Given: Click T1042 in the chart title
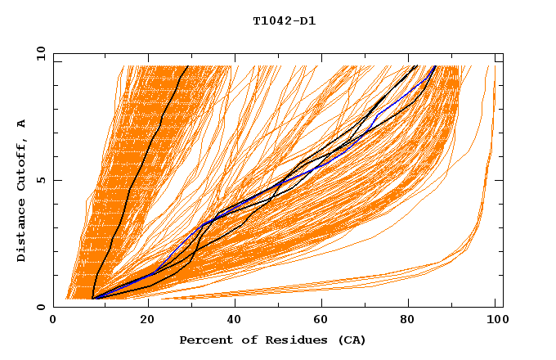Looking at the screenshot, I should pyautogui.click(x=271, y=21).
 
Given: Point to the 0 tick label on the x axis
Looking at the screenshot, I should pyautogui.click(x=53, y=322).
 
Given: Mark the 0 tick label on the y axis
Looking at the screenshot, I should pyautogui.click(x=41, y=307).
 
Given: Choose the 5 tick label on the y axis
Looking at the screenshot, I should pyautogui.click(x=41, y=180).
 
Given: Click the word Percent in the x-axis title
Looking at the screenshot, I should pyautogui.click(x=202, y=340).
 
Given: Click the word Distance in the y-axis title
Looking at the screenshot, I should pyautogui.click(x=22, y=233).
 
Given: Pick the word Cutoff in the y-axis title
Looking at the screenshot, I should pyautogui.click(x=22, y=168).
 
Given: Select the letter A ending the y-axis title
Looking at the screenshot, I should pyautogui.click(x=22, y=124).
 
